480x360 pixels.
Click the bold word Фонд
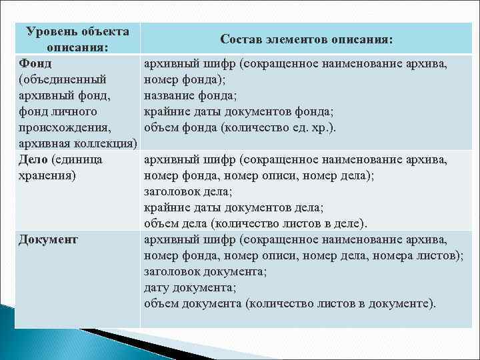tap(36, 65)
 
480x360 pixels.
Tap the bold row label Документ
tap(48, 239)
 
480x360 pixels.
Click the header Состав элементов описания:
tap(307, 40)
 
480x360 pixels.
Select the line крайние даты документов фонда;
tap(239, 112)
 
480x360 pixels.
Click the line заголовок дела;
tap(188, 192)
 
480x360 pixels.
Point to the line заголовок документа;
tap(205, 272)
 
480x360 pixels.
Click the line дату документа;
tap(188, 288)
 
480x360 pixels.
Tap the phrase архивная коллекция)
tap(78, 144)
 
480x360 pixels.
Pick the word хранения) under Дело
tap(48, 176)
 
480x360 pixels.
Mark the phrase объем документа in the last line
tap(193, 304)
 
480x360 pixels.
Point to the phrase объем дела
tap(173, 224)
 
